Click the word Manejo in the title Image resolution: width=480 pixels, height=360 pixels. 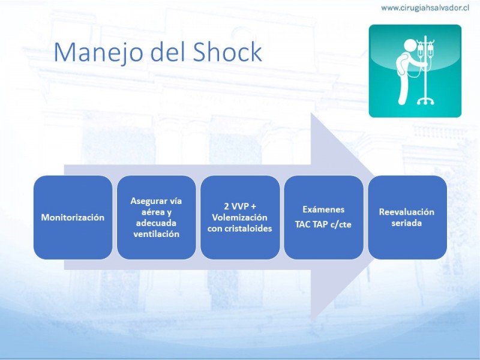point(98,53)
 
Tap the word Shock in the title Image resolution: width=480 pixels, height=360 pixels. point(227,52)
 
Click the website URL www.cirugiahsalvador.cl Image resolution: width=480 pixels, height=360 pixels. point(425,8)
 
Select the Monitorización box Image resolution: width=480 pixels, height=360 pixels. point(73,217)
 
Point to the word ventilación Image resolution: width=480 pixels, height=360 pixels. point(157,234)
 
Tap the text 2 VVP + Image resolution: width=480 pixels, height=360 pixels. point(240,206)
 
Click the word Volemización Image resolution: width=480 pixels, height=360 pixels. point(239,217)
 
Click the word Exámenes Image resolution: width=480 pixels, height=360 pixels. point(323,209)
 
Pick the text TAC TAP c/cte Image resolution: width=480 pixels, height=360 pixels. point(323,224)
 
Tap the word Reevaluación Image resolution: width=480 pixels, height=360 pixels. point(407,212)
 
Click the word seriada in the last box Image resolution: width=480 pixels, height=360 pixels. point(407,223)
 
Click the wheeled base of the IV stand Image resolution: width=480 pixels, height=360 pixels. point(426,101)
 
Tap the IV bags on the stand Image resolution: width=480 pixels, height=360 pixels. point(425,51)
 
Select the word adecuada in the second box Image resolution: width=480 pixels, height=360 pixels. point(156,223)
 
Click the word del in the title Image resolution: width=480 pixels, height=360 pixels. point(168,52)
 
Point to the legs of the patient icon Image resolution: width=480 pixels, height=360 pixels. point(403,88)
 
